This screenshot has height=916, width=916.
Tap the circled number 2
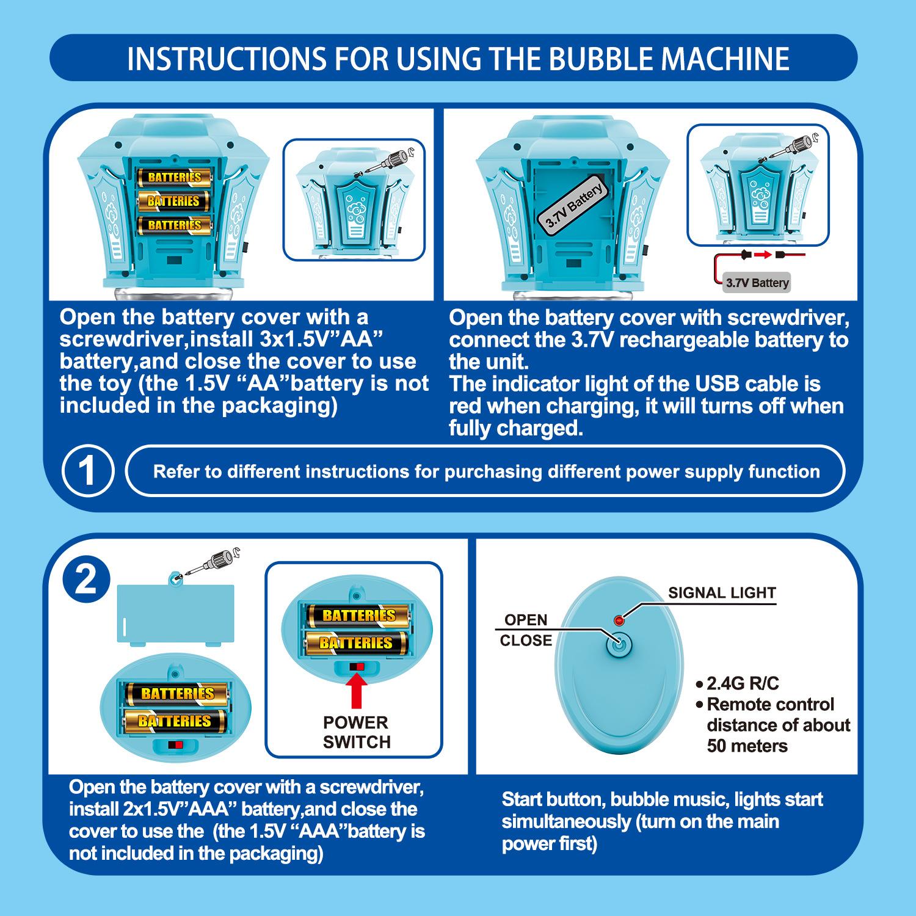[x=86, y=580]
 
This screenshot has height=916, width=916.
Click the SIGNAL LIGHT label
[x=721, y=592]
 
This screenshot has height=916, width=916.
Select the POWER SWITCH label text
[x=356, y=732]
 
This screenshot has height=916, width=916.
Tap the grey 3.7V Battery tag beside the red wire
[x=757, y=283]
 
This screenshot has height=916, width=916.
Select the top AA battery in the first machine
[x=174, y=177]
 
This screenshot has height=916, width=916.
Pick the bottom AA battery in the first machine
[x=174, y=225]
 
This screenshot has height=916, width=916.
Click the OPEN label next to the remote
[x=525, y=620]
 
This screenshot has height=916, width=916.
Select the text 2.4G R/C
[x=742, y=683]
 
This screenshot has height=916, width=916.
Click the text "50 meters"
[x=747, y=746]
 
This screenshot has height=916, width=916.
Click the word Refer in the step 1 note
[x=178, y=472]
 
